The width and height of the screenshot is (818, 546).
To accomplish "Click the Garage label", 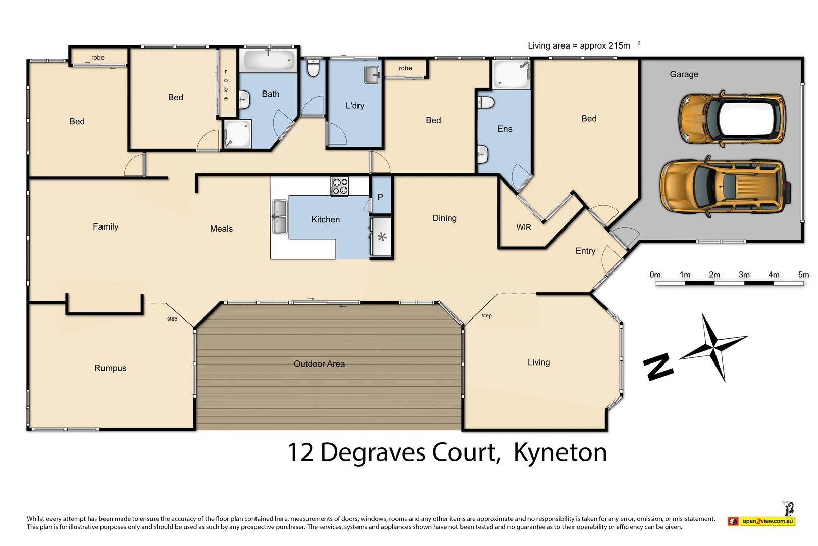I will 684,74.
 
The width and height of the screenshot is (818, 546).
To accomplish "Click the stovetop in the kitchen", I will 339,186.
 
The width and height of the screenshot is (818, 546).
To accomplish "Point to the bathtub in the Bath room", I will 268,60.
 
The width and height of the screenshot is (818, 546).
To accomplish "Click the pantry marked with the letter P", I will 380,197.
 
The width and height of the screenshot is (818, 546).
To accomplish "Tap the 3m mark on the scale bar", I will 744,275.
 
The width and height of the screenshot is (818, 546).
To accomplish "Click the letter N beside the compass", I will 658,367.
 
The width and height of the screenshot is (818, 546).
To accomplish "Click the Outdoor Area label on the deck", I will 319,364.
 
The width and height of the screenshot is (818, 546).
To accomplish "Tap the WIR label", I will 524,227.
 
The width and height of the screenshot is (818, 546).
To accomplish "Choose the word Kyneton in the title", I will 560,452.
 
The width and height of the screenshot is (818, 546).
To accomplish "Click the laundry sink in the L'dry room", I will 372,75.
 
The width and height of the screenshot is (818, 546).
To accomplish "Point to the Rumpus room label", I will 110,368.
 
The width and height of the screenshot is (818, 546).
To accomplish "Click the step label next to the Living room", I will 486,316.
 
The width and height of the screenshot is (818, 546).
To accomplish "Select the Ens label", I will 504,129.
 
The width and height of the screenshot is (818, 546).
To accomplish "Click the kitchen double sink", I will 279,217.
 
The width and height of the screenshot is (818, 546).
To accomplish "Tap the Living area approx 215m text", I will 579,45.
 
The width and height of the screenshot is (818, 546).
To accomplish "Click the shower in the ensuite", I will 511,74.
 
